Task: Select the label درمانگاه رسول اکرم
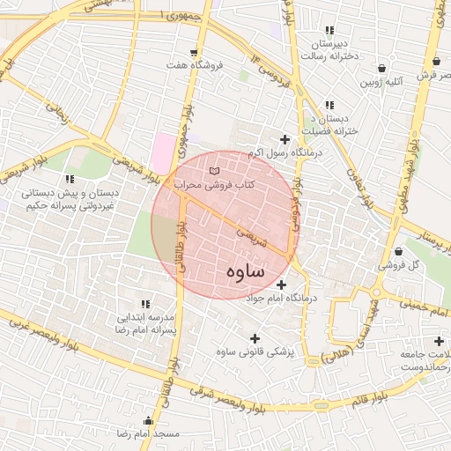tap(285, 153)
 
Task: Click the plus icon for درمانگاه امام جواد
tap(281, 285)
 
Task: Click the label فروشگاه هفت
tap(194, 65)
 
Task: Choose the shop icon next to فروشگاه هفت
tap(181, 51)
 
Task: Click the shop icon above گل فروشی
tap(399, 251)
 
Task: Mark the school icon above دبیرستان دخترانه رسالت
tap(329, 30)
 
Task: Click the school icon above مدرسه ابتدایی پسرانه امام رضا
tap(145, 303)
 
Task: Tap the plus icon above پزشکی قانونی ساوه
tap(255, 338)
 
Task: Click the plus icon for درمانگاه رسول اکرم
tap(285, 139)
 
